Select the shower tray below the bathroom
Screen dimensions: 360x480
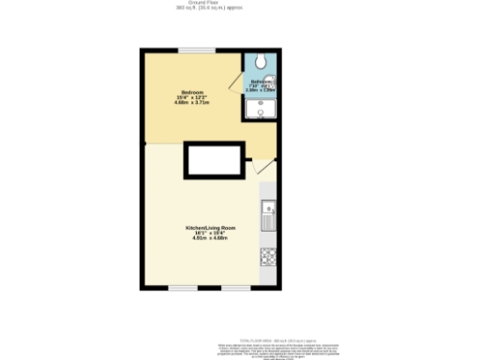(x=261, y=109)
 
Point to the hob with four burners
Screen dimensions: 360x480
(x=267, y=255)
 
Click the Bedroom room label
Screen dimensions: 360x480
(x=192, y=91)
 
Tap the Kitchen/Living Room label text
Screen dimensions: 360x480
(x=210, y=228)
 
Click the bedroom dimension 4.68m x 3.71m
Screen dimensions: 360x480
(x=192, y=102)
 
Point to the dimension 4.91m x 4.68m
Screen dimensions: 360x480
(x=210, y=239)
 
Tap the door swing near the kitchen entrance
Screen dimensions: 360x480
(x=262, y=169)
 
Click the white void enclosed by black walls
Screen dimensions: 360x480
(x=215, y=158)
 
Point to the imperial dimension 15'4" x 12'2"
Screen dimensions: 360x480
(x=192, y=97)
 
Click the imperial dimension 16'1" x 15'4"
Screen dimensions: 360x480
(x=210, y=233)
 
